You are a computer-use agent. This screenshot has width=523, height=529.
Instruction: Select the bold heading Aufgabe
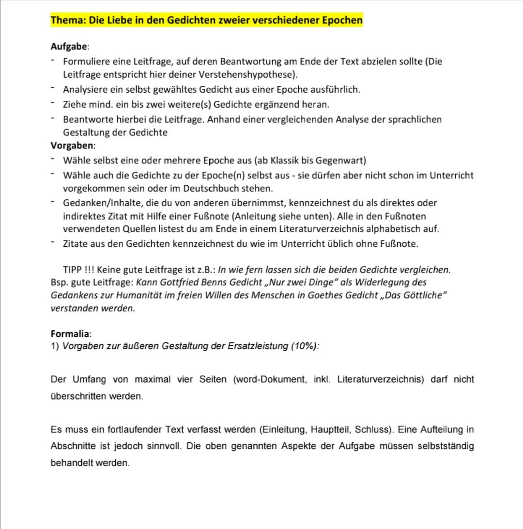(69, 47)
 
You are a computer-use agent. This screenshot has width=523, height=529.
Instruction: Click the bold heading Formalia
(70, 334)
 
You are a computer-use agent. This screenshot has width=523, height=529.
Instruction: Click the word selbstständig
(446, 446)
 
